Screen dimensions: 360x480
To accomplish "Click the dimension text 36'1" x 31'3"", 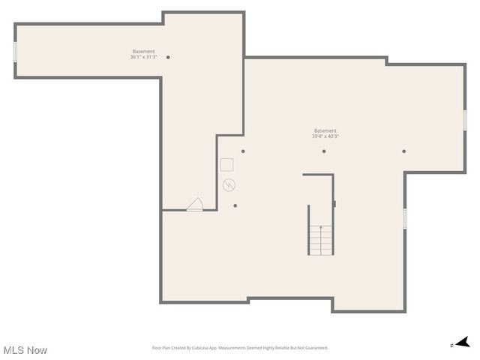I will tap(142, 57).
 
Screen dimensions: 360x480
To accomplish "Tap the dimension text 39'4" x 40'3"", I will tap(325, 136).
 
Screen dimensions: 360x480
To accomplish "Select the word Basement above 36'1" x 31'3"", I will tap(143, 52).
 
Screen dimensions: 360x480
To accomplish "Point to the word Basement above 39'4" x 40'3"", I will tap(325, 130).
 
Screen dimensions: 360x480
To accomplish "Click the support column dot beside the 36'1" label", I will tap(168, 57).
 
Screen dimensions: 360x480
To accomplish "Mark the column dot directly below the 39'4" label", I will tap(324, 151).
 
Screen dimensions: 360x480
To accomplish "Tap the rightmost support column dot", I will tap(403, 151).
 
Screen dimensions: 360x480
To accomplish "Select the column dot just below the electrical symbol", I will tap(235, 205).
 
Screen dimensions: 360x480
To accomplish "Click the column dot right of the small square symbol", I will tap(243, 151).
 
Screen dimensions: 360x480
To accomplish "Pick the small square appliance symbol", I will tap(226, 164).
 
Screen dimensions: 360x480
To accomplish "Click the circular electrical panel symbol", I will tap(229, 184).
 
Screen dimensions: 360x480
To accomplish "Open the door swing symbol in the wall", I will tap(195, 205).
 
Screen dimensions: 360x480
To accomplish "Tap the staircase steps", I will tap(321, 240).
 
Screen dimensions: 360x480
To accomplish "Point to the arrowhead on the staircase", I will tap(321, 227).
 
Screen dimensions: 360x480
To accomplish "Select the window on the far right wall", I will tap(465, 120).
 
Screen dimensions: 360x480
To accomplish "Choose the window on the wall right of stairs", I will tap(405, 218).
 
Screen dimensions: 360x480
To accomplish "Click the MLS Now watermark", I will tap(25, 350).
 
